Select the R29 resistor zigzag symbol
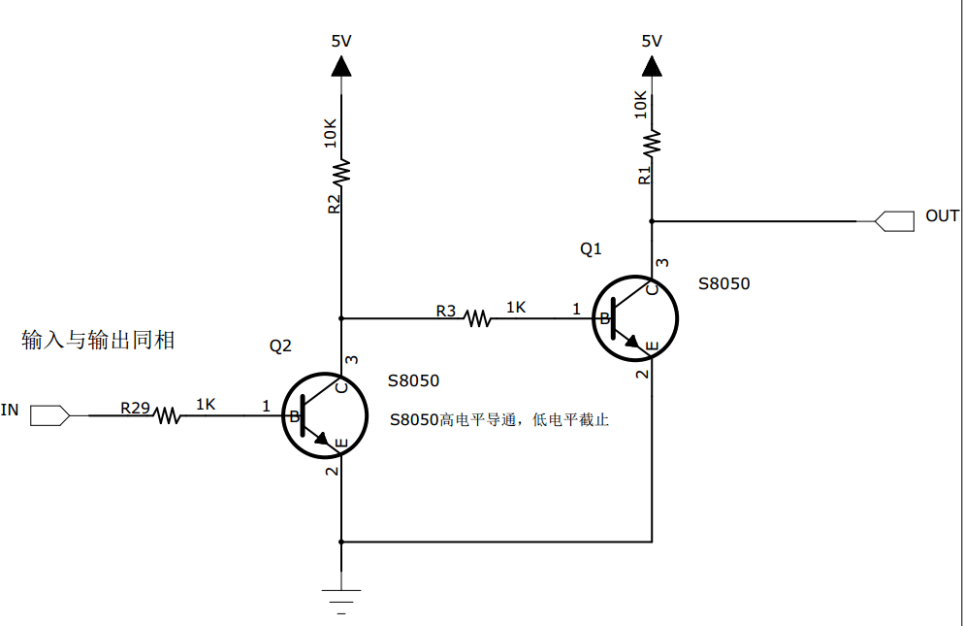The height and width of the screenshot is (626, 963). (167, 415)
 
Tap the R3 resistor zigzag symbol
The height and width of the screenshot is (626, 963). (477, 317)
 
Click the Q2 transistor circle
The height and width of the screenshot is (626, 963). (325, 416)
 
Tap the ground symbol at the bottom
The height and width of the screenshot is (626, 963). (341, 595)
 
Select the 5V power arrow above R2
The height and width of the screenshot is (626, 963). (341, 66)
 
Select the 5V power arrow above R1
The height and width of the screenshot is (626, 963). (652, 66)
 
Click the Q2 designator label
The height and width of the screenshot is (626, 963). (280, 346)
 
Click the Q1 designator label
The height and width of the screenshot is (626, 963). (591, 248)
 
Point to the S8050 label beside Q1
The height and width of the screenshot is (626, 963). (723, 283)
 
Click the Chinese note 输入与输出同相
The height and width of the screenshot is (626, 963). (98, 340)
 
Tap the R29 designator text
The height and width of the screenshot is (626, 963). (135, 408)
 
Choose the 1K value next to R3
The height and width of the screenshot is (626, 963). (516, 307)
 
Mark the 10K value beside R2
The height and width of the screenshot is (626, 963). (330, 133)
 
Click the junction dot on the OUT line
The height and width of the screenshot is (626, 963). (652, 220)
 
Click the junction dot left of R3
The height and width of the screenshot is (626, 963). (341, 317)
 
